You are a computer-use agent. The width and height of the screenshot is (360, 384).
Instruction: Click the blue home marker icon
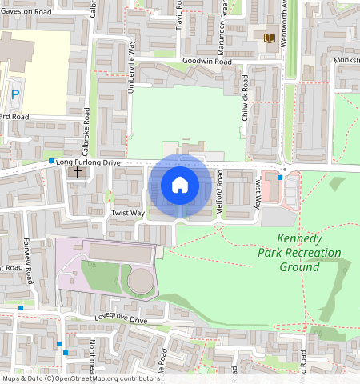pos(180,186)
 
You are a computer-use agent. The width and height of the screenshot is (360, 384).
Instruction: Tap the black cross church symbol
pos(78,171)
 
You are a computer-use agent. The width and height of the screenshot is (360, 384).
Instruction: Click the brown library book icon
pos(269,38)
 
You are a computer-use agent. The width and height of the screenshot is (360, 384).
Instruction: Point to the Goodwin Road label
pos(206,61)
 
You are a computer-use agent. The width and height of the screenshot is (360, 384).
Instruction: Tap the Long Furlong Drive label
pos(88,162)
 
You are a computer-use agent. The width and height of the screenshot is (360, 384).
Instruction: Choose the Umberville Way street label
pos(131,58)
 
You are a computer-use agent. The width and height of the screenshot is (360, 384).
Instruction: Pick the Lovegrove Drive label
pos(122,320)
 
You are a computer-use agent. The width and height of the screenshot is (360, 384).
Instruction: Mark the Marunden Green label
pos(225,18)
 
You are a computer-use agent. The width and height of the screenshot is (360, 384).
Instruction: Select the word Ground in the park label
pos(299,266)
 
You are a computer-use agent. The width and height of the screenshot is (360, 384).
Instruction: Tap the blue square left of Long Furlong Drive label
pos(50,162)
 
